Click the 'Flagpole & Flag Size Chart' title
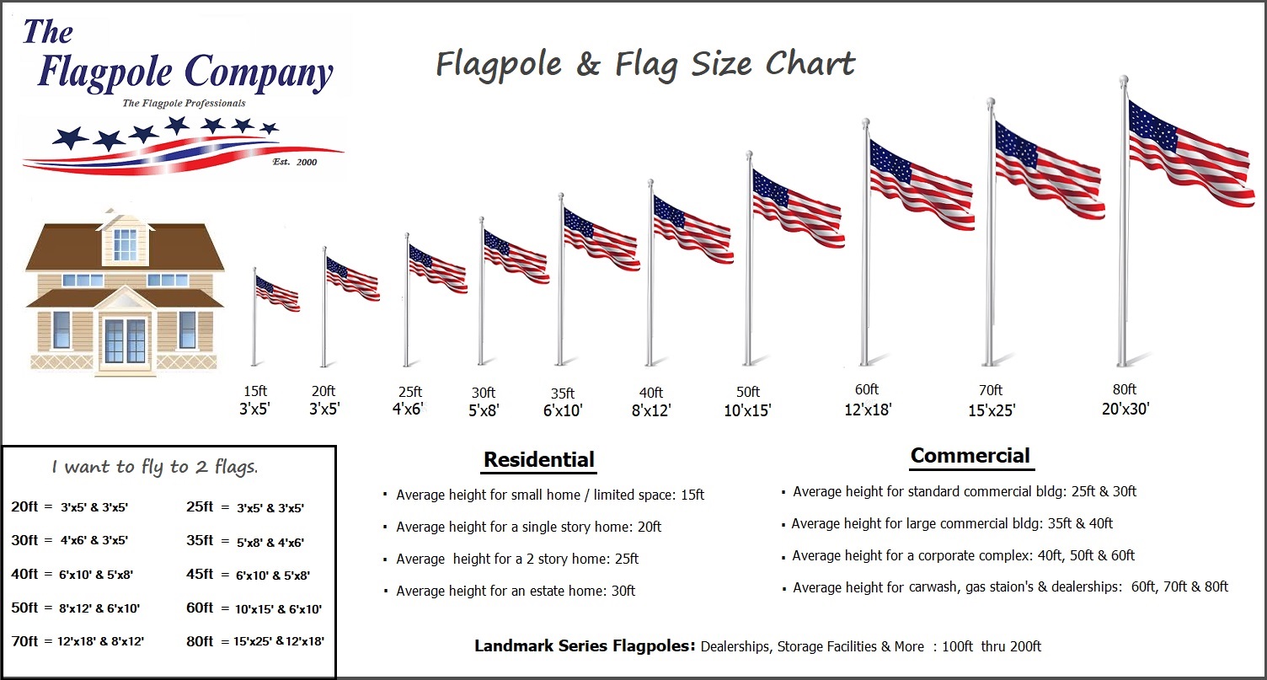pos(645,64)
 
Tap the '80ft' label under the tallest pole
pos(1124,389)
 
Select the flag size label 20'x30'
pos(1125,409)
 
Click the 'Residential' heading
pos(539,460)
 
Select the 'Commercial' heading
pos(970,456)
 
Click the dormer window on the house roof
pos(125,244)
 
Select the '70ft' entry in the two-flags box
pos(24,641)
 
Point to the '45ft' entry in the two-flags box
pos(199,576)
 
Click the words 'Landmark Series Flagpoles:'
pos(585,646)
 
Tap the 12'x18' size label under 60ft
pos(868,410)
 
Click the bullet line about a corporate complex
pos(963,555)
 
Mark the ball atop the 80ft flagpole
pos(1123,80)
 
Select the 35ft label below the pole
pos(563,394)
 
